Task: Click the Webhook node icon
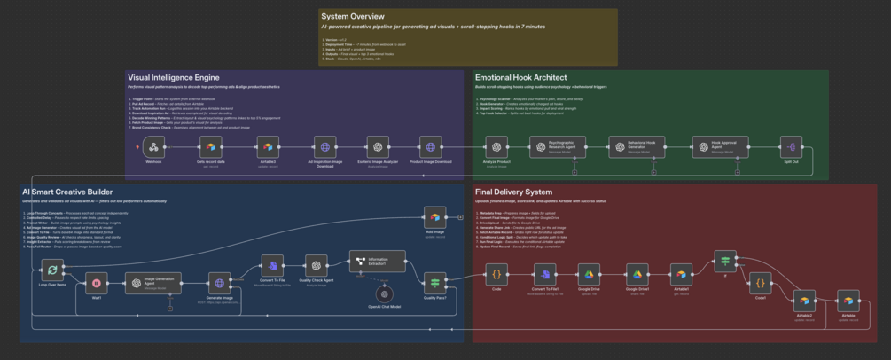[x=153, y=147]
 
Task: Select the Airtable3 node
[x=268, y=147]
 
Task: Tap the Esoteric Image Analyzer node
[x=378, y=147]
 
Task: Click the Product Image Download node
[x=431, y=147]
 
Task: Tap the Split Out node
[x=791, y=147]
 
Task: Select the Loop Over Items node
[x=53, y=270]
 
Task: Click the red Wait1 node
[x=97, y=284]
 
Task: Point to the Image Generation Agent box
[x=154, y=284]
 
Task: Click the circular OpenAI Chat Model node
[x=383, y=293]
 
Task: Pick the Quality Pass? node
[x=434, y=283]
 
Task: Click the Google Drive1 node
[x=637, y=274]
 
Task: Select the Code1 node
[x=760, y=284]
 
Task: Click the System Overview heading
[x=353, y=17]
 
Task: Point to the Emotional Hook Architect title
[x=520, y=78]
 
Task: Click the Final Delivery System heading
[x=513, y=192]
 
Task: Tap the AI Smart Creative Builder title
[x=67, y=192]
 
